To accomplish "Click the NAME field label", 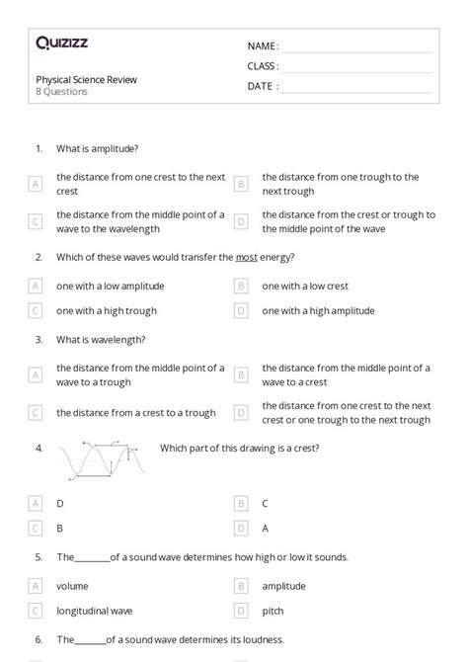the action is [263, 46].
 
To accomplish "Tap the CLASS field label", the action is [263, 66].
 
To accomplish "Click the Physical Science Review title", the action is [87, 79].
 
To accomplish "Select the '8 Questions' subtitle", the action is [62, 92].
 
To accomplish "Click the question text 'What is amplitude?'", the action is [97, 148].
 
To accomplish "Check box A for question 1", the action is [36, 184].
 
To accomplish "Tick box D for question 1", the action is [240, 221].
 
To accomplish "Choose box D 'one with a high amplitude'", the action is [240, 310].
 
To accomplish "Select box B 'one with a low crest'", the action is [240, 286].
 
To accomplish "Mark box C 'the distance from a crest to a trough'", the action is [36, 413].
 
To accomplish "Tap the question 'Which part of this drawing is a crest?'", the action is [239, 448].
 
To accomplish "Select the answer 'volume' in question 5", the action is [72, 585].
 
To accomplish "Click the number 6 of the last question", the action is [39, 639].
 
